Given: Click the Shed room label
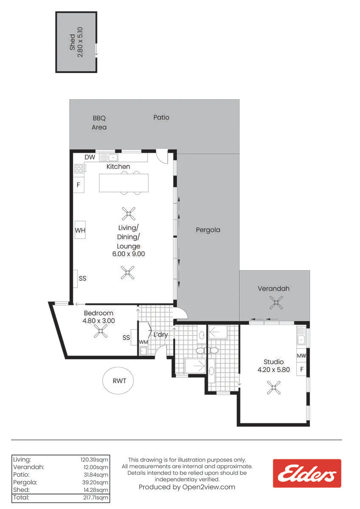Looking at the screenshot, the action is [73, 42].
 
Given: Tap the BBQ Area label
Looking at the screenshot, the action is [99, 123].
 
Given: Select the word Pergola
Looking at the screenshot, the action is [208, 230].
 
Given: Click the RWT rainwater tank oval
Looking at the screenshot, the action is [118, 380].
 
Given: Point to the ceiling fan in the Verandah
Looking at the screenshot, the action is [276, 302].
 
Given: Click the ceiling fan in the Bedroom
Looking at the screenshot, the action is [100, 331].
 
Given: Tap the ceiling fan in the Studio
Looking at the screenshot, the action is [273, 387].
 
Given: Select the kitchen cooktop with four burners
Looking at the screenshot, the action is [79, 169].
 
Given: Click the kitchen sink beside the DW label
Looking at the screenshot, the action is [109, 157].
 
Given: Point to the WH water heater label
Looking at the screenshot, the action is [80, 230].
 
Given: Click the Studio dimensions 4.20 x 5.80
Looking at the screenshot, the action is [273, 370].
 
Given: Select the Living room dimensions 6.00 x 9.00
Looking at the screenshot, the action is [128, 254].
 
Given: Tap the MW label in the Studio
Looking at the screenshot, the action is [301, 355].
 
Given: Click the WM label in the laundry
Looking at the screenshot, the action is [143, 342].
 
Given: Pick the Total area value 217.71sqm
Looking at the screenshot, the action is [96, 498].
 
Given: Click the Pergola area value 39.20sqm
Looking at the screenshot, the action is [95, 482].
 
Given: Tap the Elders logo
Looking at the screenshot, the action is [307, 473].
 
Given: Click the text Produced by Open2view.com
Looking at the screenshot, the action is [187, 487].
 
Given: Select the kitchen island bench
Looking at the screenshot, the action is [124, 183].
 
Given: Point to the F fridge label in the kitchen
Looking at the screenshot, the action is [78, 185].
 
